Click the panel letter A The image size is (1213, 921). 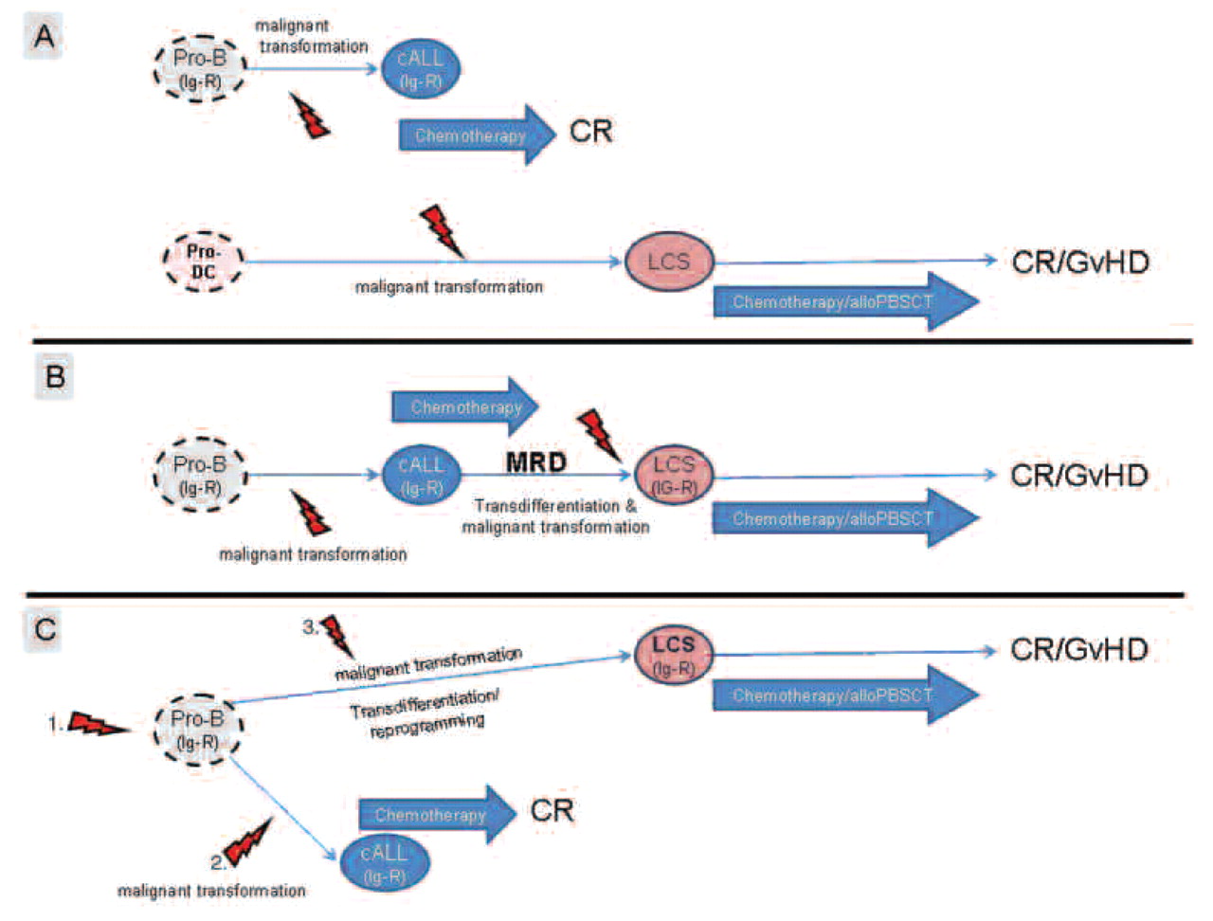coord(44,37)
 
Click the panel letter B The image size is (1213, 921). coord(54,376)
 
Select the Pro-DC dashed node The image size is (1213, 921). coord(202,262)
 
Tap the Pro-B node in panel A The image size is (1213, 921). coord(200,67)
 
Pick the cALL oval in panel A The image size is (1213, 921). coord(420,69)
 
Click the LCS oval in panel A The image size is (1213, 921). coord(668,261)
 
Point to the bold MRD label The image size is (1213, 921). coord(535,461)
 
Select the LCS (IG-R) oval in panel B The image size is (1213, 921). coord(673,475)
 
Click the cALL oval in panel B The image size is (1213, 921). coord(420,475)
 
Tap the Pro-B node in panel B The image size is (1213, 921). coord(200,475)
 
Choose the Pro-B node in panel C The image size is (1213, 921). coord(198,729)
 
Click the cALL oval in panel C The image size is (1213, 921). coord(383,863)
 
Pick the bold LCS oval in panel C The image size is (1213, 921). coord(673,655)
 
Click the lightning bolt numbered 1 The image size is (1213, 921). coord(95,725)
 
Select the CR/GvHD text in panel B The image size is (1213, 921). coord(1079,475)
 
